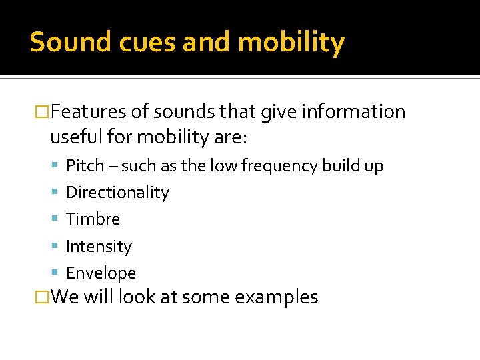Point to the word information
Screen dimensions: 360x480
[x=353, y=111]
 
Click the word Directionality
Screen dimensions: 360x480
[x=117, y=193]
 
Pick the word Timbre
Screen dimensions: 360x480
[x=93, y=219]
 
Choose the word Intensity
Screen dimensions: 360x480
[x=99, y=247]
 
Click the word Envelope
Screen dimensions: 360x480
[x=101, y=273]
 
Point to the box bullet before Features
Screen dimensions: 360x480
[x=42, y=111]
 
